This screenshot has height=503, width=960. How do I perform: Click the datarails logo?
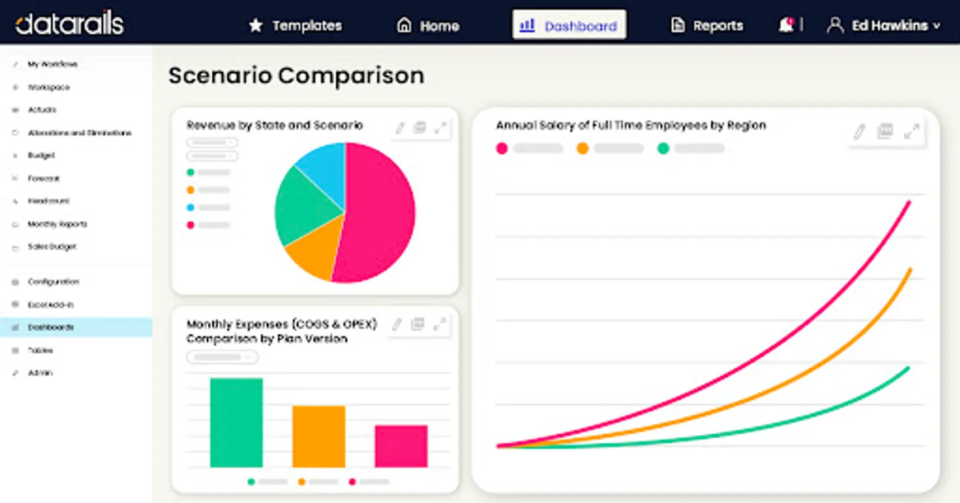[69, 23]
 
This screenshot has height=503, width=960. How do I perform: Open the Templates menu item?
[295, 26]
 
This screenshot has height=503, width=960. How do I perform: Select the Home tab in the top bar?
[428, 26]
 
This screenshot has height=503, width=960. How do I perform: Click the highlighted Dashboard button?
[569, 25]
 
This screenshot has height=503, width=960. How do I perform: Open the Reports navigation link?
[707, 26]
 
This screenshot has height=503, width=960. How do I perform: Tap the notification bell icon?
[786, 25]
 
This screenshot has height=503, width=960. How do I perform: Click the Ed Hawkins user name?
[889, 26]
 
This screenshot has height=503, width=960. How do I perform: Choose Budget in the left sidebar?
[41, 155]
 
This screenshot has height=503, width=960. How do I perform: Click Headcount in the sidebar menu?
[49, 201]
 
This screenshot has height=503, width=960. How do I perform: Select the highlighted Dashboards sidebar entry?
[51, 328]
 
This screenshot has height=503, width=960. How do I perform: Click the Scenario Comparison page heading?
[296, 75]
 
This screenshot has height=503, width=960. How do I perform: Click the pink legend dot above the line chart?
[502, 148]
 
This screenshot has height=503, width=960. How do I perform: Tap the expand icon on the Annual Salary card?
[911, 132]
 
